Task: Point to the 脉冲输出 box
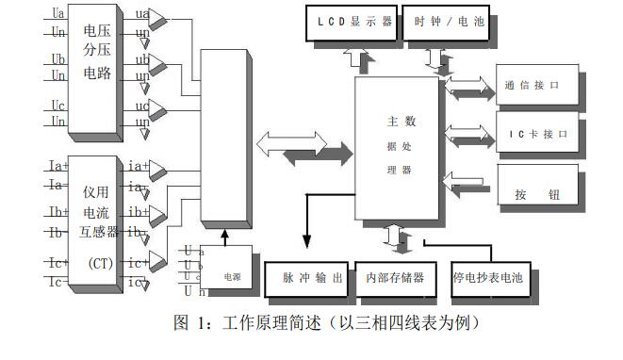307,279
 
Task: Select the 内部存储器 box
396,279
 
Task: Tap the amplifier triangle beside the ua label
161,19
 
